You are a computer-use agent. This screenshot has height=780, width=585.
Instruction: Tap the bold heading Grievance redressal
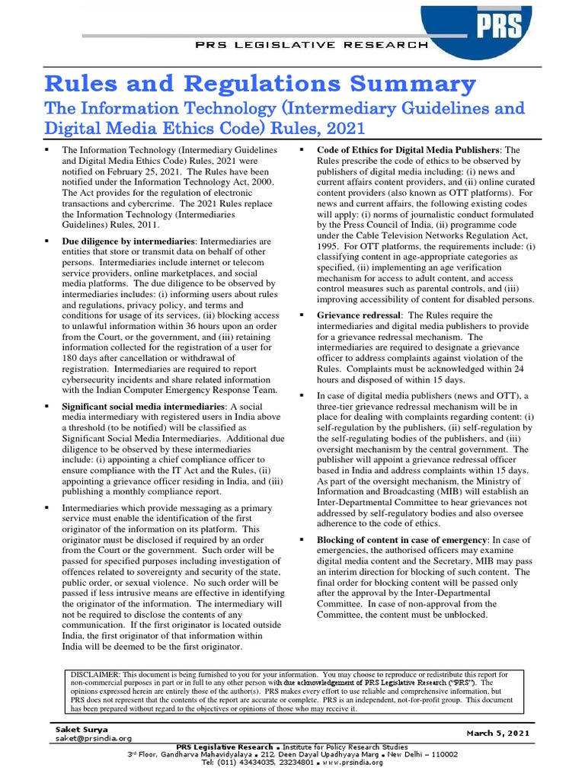coord(358,315)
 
